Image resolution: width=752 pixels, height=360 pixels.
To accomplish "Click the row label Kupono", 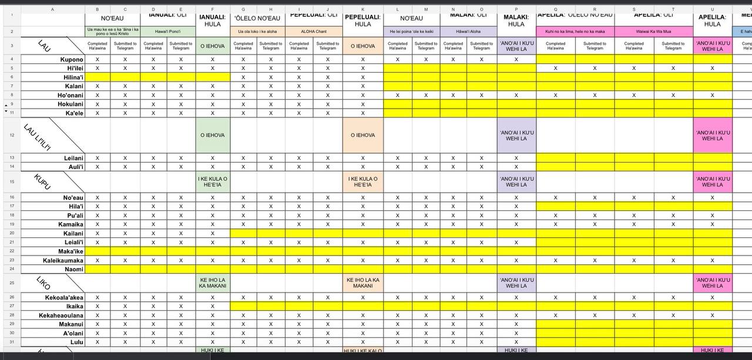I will click(72, 59).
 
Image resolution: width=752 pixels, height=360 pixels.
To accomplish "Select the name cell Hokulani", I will click(70, 104).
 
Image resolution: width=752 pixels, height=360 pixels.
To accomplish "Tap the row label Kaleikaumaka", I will click(63, 260).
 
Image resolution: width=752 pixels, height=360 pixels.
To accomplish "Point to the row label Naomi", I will click(73, 269).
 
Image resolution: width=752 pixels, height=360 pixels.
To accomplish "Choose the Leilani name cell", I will click(73, 158).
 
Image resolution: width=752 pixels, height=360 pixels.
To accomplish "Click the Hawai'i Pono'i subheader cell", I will click(167, 32).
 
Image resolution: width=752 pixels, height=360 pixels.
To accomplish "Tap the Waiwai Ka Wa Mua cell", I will click(653, 32).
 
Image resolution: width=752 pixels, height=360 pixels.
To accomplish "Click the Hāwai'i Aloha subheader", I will click(468, 32).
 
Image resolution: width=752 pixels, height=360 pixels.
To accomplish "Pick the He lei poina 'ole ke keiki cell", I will click(411, 32).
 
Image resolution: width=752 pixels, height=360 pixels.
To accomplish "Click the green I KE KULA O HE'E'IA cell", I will click(213, 182).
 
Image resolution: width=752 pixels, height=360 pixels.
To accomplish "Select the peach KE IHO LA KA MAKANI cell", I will click(362, 283).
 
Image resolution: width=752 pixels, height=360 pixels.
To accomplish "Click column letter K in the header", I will click(362, 9).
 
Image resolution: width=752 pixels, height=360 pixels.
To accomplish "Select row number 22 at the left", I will click(11, 251).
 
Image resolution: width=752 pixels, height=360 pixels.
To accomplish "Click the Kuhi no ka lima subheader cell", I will click(575, 32).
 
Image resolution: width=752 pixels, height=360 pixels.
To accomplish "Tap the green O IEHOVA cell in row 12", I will click(213, 135).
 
